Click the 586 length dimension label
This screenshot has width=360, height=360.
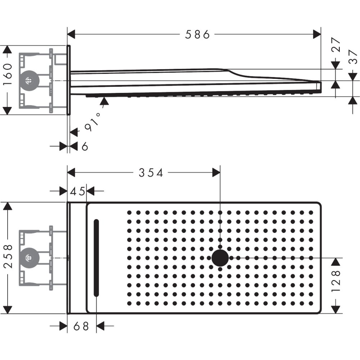pyautogui.click(x=197, y=35)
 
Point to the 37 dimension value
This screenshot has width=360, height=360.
pyautogui.click(x=353, y=57)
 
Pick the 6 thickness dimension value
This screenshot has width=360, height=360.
pyautogui.click(x=85, y=147)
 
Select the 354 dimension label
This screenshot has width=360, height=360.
pyautogui.click(x=151, y=173)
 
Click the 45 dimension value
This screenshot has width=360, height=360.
pyautogui.click(x=77, y=192)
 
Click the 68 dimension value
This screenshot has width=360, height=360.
pyautogui.click(x=81, y=327)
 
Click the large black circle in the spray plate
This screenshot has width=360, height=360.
pyautogui.click(x=220, y=258)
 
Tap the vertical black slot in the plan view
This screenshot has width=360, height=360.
pyautogui.click(x=96, y=258)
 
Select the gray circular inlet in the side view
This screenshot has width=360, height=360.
pyautogui.click(x=28, y=80)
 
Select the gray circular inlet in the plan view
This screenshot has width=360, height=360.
pyautogui.click(x=28, y=258)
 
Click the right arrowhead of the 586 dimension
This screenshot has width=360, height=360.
pyautogui.click(x=317, y=35)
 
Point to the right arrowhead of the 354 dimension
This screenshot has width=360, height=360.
pyautogui.click(x=216, y=173)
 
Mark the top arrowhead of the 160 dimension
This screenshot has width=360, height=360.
pyautogui.click(x=8, y=50)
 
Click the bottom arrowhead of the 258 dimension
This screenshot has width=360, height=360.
pyautogui.click(x=8, y=309)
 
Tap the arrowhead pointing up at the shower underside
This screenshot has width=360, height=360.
pyautogui.click(x=104, y=100)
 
